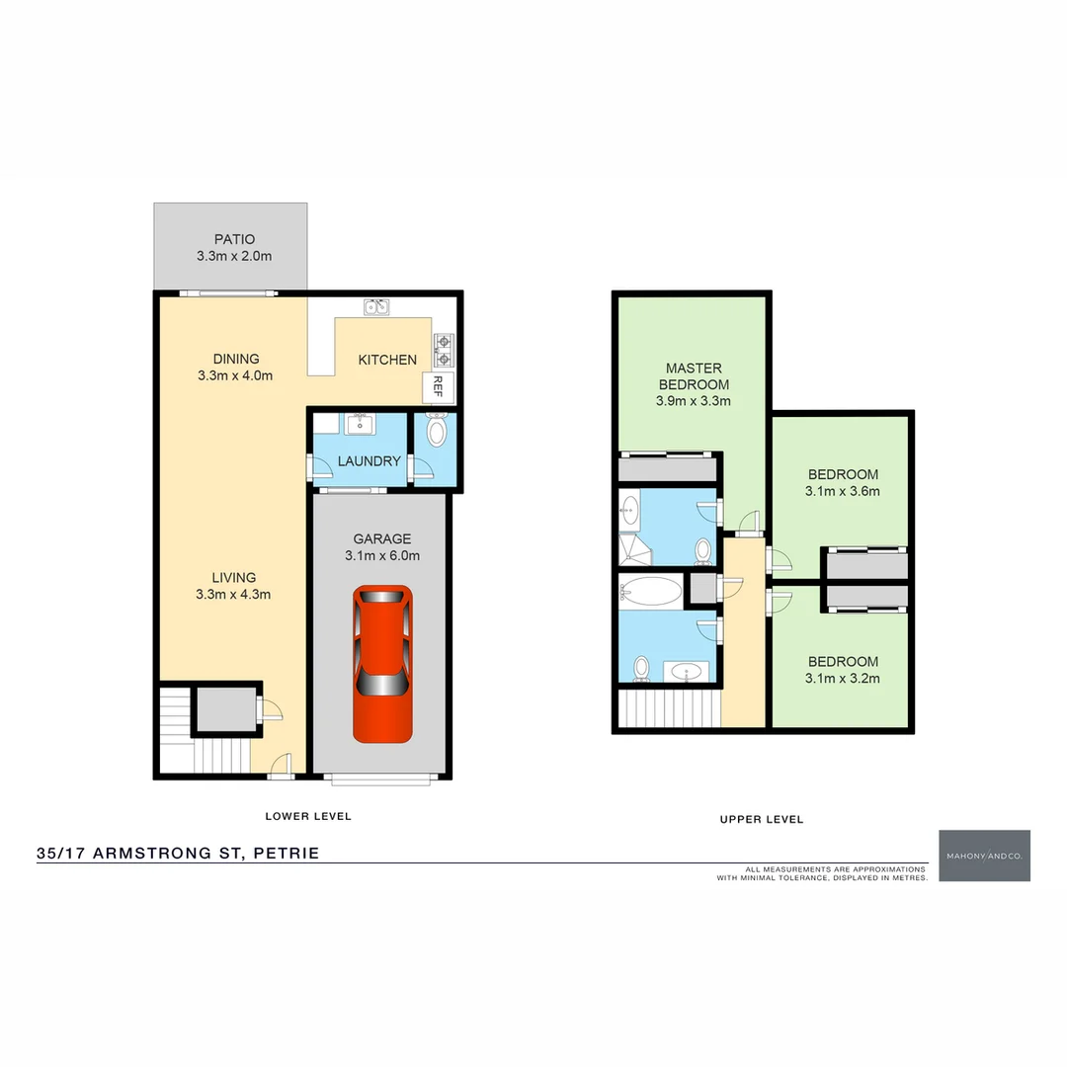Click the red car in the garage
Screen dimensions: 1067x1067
click(382, 663)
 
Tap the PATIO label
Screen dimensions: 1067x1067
click(234, 239)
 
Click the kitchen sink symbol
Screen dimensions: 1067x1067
click(376, 307)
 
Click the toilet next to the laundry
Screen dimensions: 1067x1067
click(436, 431)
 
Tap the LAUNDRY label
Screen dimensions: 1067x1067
click(369, 461)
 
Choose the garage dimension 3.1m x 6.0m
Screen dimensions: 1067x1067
click(382, 555)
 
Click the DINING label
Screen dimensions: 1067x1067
click(235, 359)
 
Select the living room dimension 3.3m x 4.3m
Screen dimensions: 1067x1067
click(234, 594)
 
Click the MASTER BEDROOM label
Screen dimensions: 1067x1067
click(693, 376)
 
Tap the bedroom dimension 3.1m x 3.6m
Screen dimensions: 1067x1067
click(843, 490)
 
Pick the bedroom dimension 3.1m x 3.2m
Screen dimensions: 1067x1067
click(843, 678)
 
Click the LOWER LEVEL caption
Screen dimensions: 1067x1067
click(308, 816)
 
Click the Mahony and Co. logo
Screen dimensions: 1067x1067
click(984, 856)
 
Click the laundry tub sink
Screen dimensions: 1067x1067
click(359, 425)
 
